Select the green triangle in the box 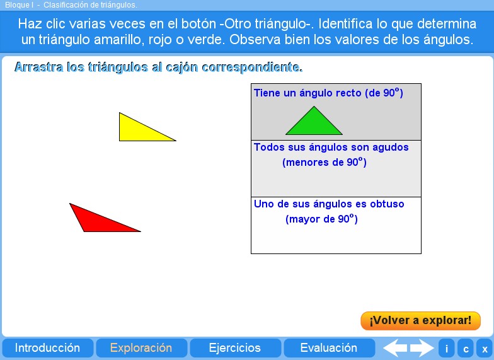[314, 125]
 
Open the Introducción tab [47, 348]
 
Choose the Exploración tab [141, 348]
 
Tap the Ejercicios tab [234, 348]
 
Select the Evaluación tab [328, 348]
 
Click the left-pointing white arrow [395, 348]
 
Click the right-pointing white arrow [422, 348]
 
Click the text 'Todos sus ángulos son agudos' [331, 148]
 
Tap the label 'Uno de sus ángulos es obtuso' [329, 204]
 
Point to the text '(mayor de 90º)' [321, 219]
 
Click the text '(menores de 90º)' [325, 163]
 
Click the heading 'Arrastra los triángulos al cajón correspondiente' [158, 67]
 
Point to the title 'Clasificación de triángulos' [90, 5]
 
